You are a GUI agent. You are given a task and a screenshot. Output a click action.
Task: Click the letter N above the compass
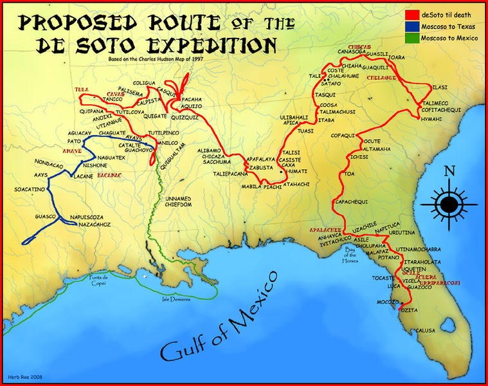coord(450,172)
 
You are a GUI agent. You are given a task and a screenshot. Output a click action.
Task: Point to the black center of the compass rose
coord(449,205)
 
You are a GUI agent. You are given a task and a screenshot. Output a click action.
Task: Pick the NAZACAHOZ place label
coord(93,225)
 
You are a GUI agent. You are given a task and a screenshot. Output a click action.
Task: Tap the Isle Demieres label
coord(175,299)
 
